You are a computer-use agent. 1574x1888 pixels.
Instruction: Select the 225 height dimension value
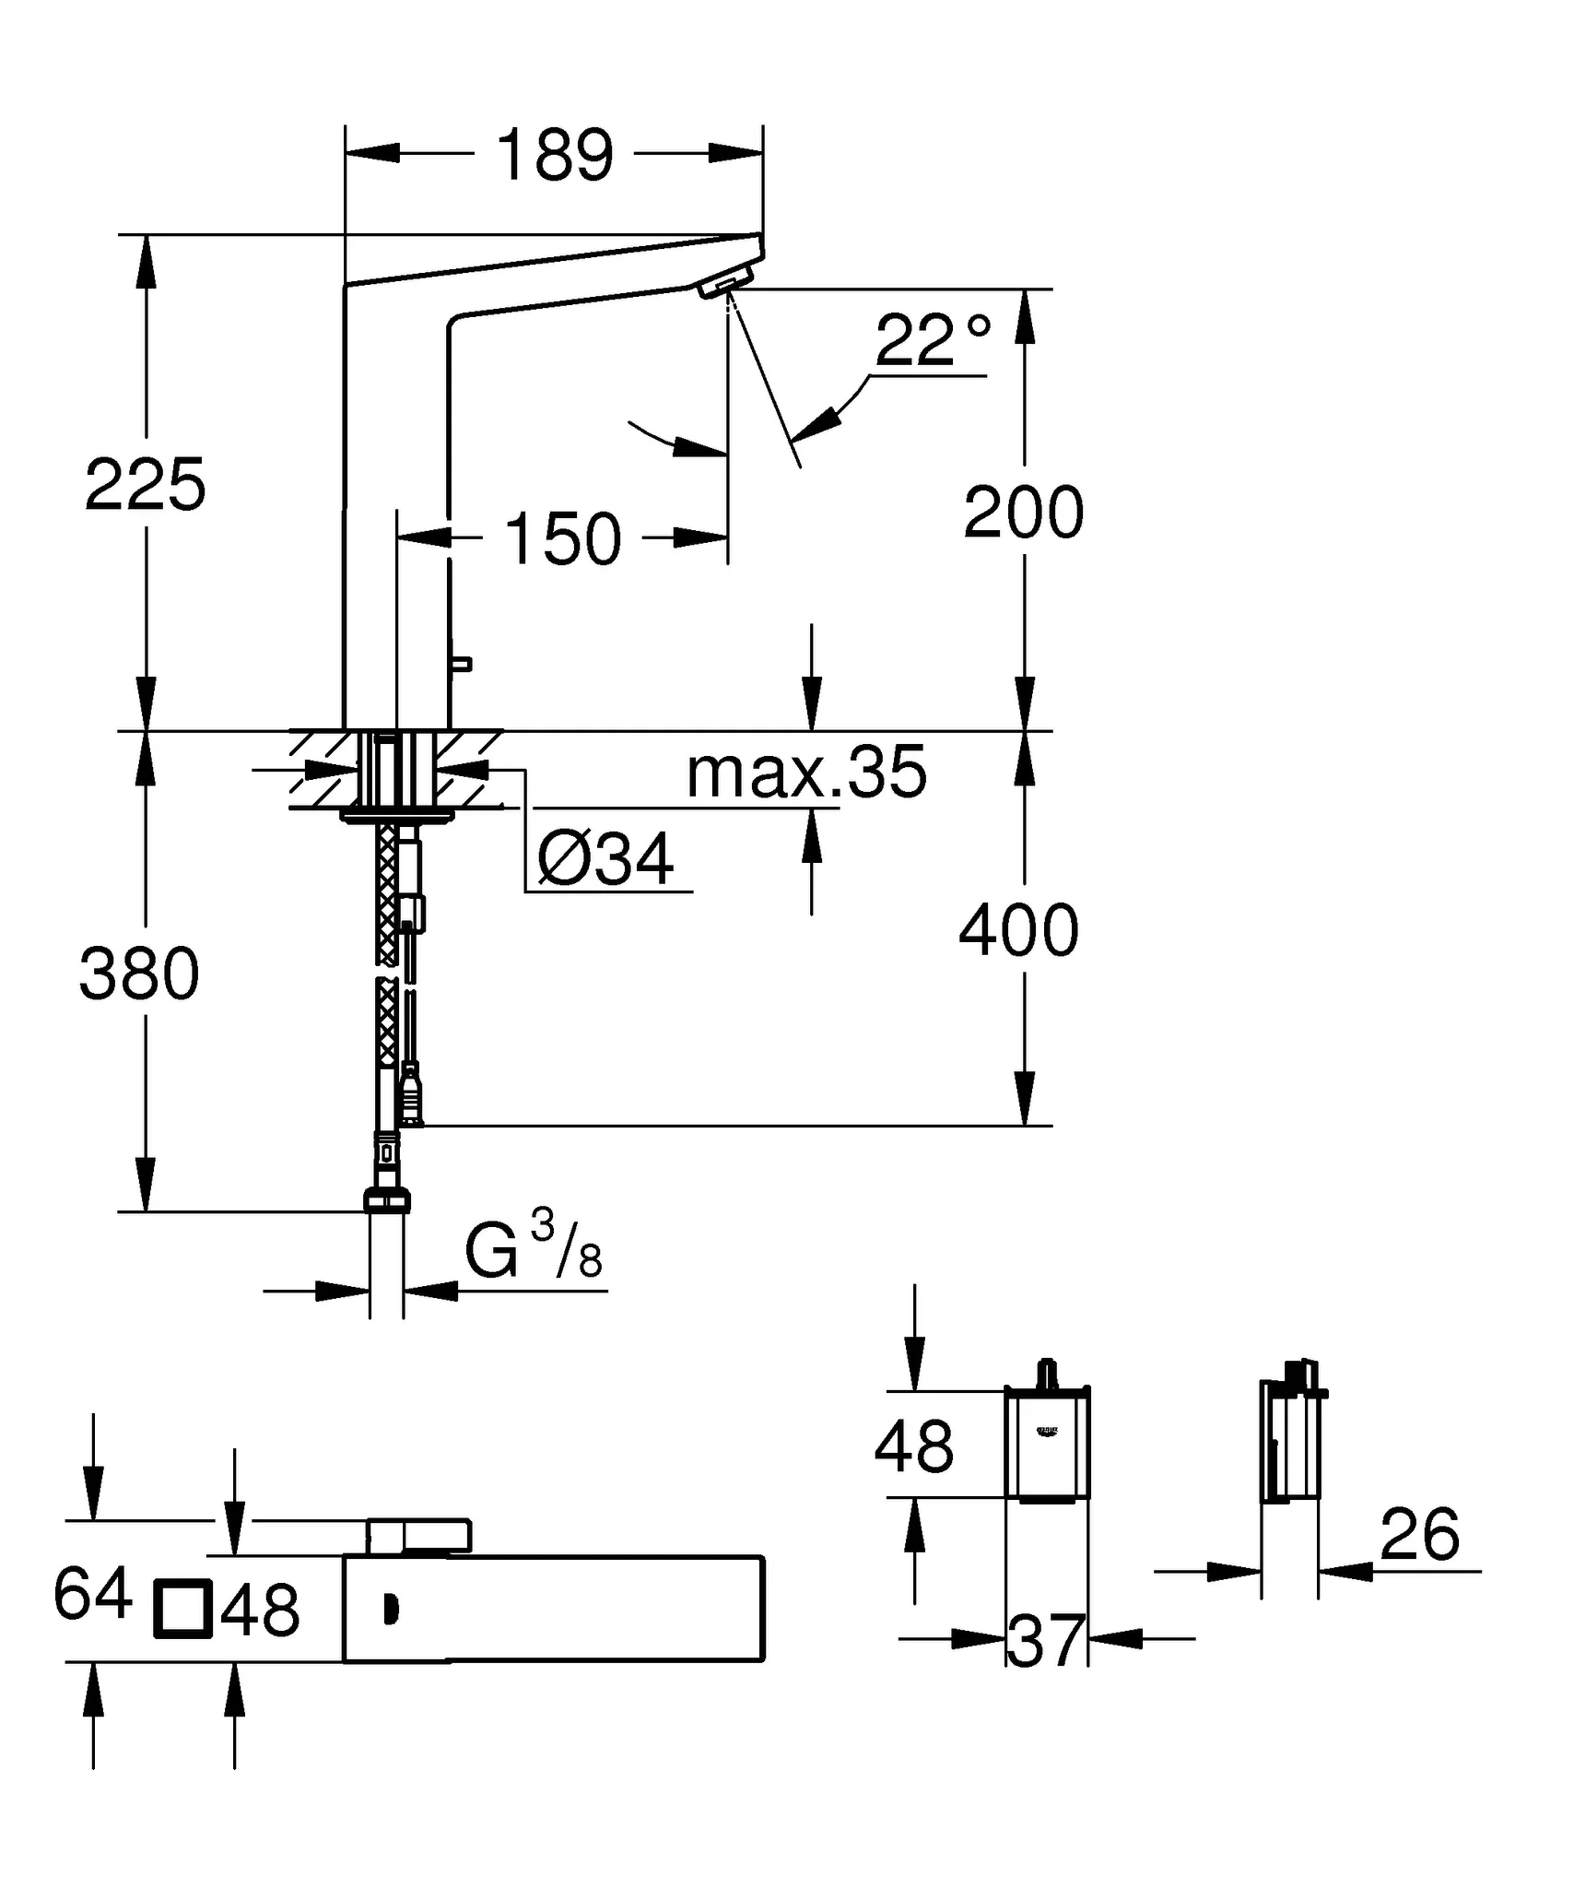pos(145,485)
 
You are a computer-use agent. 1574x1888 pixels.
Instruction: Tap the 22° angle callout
pos(932,340)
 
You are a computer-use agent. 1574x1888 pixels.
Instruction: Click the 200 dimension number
pos(1023,513)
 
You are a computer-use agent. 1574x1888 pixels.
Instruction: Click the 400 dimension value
pos(1018,931)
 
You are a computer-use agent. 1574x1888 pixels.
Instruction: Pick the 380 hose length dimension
pos(139,974)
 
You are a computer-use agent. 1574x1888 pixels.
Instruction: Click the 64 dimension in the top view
pos(91,1595)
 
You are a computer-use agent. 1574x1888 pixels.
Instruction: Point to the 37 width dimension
pos(1046,1642)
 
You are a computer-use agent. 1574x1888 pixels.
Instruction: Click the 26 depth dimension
pos(1419,1535)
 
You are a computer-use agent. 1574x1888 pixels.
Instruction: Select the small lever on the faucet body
pos(461,664)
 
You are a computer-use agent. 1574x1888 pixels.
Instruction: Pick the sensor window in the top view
pos(392,1610)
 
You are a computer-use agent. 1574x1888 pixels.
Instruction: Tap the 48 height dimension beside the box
pos(913,1446)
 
